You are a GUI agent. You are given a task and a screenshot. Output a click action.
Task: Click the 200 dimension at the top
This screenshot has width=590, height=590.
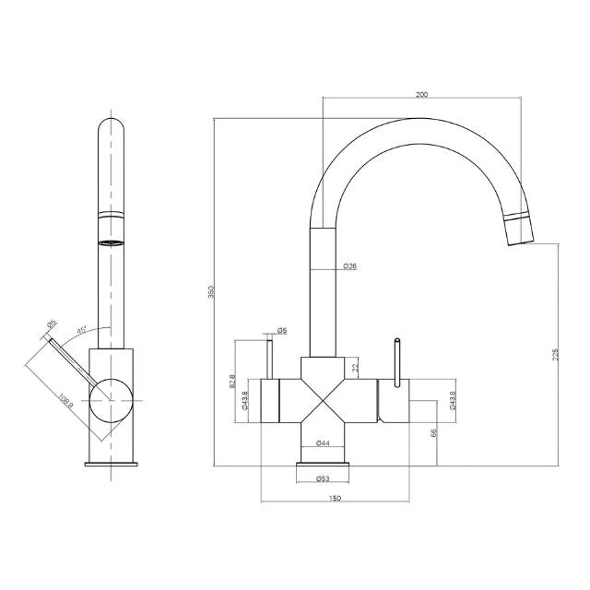coord(422,94)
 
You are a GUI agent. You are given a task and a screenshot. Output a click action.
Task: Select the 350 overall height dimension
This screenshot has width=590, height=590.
coord(210,291)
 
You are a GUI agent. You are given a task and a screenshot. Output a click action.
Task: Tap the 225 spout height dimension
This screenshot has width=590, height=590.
coord(554,354)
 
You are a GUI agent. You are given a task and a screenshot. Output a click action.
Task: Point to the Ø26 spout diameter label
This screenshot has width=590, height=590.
coord(349,266)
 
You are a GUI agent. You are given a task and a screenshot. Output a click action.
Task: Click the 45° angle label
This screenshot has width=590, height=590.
coord(83,330)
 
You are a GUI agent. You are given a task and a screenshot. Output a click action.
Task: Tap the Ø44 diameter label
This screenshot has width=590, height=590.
coord(323,443)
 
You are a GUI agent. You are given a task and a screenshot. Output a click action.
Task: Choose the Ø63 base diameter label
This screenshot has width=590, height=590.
coord(323,478)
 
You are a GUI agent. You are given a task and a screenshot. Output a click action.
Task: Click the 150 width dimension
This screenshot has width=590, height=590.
coord(335,498)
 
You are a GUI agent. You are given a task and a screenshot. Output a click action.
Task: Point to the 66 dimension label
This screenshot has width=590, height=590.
coord(433,432)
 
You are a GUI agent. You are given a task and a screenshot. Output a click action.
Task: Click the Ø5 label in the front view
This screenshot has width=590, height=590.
coord(282,330)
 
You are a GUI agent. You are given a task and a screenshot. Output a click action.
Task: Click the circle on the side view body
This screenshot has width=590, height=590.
coord(111,399)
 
